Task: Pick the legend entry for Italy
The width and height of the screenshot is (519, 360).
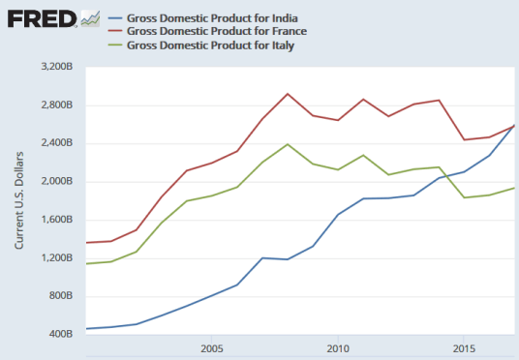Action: pos(198,45)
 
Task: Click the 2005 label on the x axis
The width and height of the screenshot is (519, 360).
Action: pos(212,347)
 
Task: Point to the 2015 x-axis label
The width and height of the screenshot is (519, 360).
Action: pos(464,347)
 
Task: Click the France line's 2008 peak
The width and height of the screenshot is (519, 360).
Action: pos(288,94)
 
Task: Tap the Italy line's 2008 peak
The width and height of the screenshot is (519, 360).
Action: pos(288,144)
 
